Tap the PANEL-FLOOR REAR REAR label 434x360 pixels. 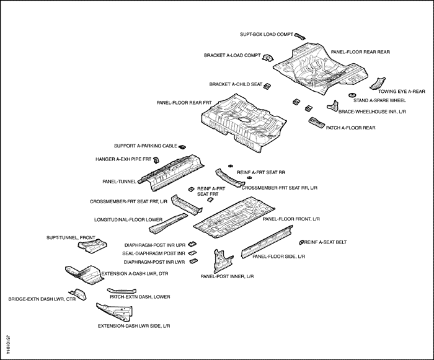tap(360, 52)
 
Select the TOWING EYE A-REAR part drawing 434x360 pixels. tap(378, 83)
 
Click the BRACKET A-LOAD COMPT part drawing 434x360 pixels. tap(268, 58)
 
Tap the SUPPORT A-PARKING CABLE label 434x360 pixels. tap(146, 146)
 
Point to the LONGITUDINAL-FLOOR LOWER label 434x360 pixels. tap(128, 219)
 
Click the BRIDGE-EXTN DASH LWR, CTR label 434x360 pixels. tap(37, 299)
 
